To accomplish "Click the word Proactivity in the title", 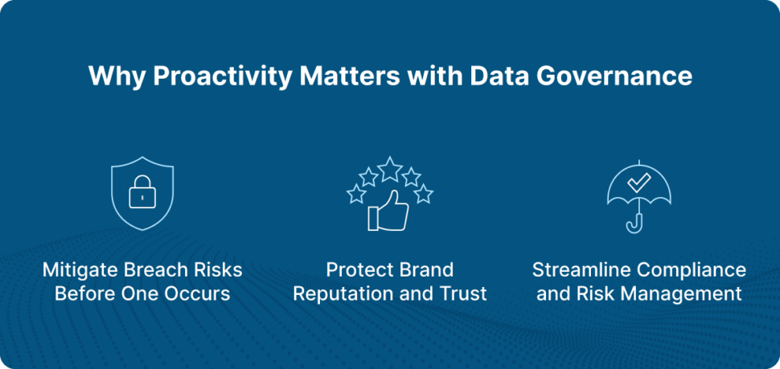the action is (220, 77).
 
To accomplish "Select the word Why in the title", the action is (117, 77).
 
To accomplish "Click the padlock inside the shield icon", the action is (142, 191).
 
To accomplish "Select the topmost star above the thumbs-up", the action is (390, 169).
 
